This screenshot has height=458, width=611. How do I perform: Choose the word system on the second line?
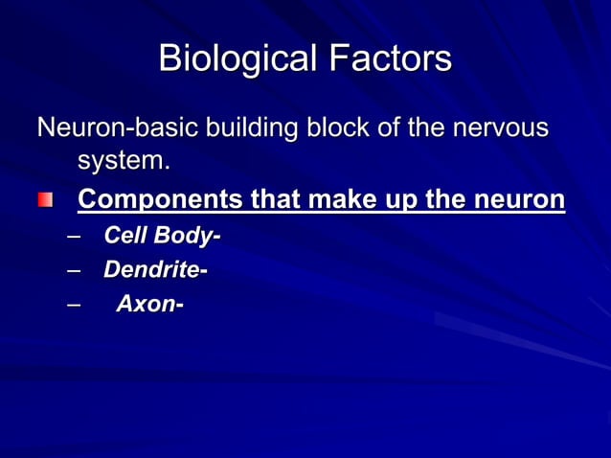123,161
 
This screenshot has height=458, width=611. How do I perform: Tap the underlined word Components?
160,200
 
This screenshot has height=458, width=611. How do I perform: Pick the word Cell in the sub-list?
124,236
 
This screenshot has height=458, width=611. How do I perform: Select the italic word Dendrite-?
155,271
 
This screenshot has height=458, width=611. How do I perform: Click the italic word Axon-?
149,306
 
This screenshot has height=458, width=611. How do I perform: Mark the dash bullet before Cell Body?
74,237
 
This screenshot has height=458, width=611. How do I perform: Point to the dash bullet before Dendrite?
74,272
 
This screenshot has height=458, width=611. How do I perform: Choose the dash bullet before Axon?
74,307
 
